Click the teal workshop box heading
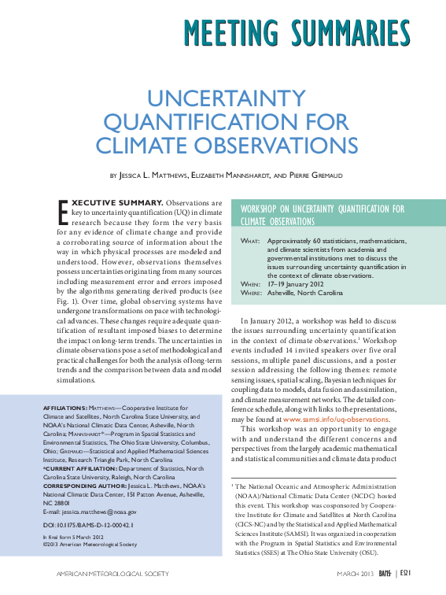(x=322, y=214)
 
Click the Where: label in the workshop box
(x=251, y=293)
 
